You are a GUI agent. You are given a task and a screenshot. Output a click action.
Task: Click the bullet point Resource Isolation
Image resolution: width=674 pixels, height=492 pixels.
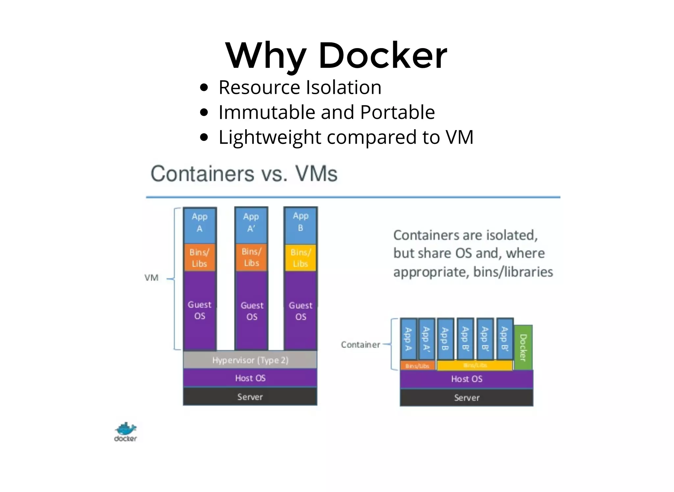pyautogui.click(x=300, y=88)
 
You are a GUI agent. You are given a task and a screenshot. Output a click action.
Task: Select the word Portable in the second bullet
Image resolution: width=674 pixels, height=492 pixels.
pyautogui.click(x=398, y=112)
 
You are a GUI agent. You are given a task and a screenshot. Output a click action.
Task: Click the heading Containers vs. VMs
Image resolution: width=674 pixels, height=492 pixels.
pyautogui.click(x=244, y=174)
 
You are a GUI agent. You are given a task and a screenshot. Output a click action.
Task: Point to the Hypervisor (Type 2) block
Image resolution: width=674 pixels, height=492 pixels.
pyautogui.click(x=250, y=360)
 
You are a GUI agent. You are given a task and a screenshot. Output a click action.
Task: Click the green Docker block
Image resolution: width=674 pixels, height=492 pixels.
pyautogui.click(x=523, y=347)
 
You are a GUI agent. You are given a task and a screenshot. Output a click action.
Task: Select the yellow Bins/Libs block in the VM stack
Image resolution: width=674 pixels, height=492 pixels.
pyautogui.click(x=300, y=258)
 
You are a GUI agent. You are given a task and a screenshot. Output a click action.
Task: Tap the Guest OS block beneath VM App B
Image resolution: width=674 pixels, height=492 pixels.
pyautogui.click(x=300, y=311)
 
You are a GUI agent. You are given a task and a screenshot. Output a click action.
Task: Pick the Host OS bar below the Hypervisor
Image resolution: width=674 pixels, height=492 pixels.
pyautogui.click(x=250, y=378)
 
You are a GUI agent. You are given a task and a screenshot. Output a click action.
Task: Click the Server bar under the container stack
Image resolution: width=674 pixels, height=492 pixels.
pyautogui.click(x=466, y=398)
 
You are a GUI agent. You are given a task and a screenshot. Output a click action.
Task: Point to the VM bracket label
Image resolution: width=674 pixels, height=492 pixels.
pyautogui.click(x=151, y=278)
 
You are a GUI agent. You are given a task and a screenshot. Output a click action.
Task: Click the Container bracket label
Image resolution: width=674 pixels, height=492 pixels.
pyautogui.click(x=360, y=345)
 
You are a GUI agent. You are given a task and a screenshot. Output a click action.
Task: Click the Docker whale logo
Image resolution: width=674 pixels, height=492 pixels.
pyautogui.click(x=125, y=432)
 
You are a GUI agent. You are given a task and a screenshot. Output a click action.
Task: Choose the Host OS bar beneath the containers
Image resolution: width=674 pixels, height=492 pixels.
pyautogui.click(x=466, y=379)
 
